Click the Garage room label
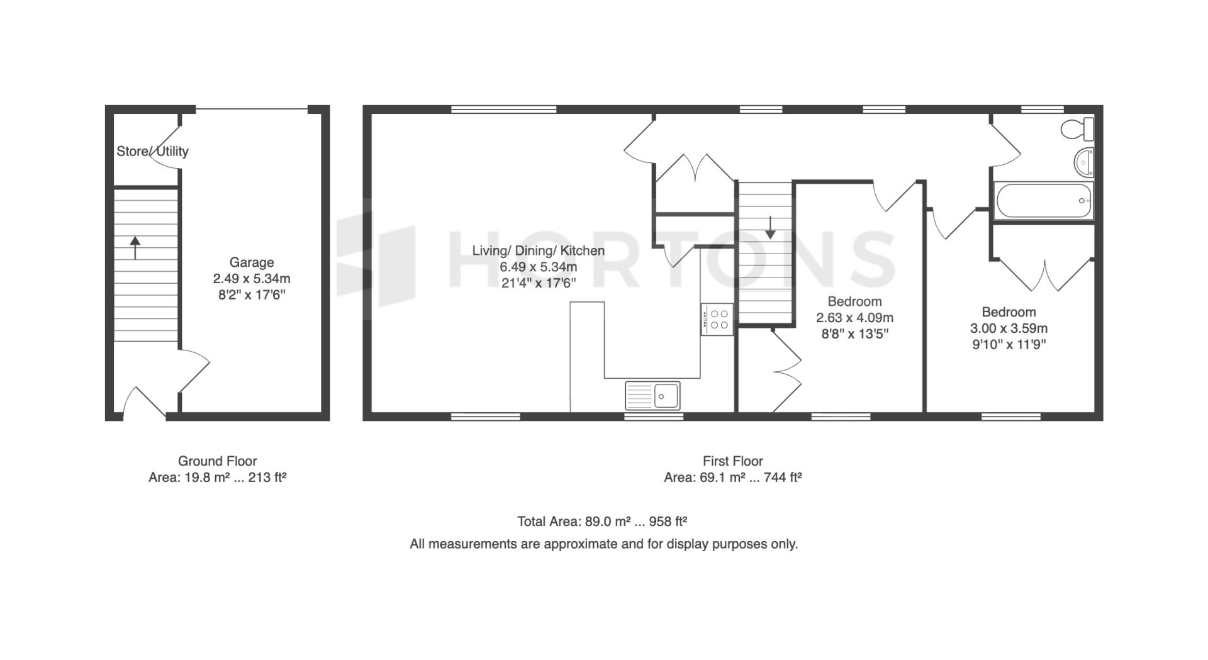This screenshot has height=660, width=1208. [x=251, y=262]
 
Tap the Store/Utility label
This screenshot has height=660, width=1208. [x=152, y=151]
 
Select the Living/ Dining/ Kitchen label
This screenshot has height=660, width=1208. [x=539, y=250]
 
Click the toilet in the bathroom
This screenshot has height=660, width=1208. [x=1078, y=129]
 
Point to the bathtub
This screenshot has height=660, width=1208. [x=1044, y=201]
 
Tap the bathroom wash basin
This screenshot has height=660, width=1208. [x=1084, y=162]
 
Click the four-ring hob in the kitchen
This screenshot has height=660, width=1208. [x=717, y=319]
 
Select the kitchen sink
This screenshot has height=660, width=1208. [x=652, y=395]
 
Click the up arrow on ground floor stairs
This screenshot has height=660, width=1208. [x=135, y=247]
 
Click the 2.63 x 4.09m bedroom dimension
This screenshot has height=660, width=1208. [x=854, y=318]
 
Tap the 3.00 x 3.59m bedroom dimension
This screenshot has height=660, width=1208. [x=1009, y=328]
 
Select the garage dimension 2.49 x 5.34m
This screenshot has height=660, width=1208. [x=252, y=279]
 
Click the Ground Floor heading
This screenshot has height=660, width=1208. [x=218, y=461]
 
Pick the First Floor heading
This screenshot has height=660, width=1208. [x=733, y=461]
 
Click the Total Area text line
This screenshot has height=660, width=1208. [x=602, y=522]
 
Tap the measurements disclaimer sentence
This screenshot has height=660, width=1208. [x=604, y=544]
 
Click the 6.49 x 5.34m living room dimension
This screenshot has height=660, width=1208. [x=539, y=267]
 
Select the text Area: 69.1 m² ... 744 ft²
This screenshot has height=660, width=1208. [x=733, y=478]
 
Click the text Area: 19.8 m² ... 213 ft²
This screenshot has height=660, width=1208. [x=218, y=478]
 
